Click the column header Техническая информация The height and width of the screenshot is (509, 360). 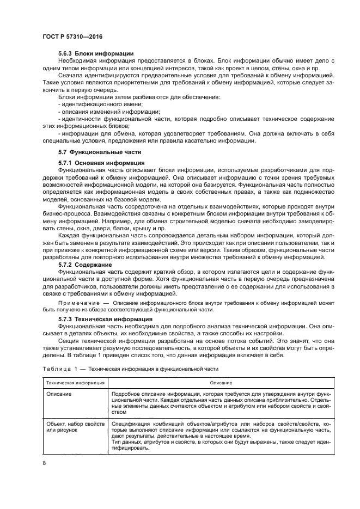[75, 383]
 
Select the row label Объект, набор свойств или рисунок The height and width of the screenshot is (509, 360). [75, 427]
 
